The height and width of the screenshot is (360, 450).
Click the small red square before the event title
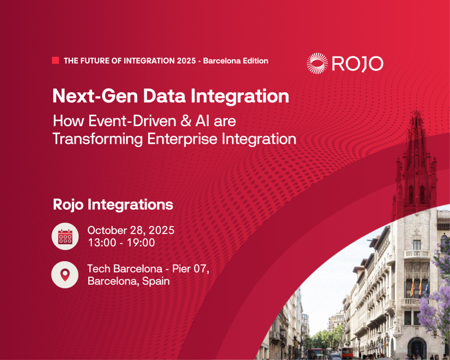[x=55, y=60]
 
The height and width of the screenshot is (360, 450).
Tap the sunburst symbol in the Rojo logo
[x=317, y=63]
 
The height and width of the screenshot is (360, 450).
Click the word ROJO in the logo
[x=358, y=63]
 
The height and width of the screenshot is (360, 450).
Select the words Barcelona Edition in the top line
[x=236, y=61]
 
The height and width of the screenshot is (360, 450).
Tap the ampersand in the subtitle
[x=186, y=121]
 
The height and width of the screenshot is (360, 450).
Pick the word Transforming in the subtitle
[x=98, y=139]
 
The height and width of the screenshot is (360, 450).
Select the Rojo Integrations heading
[x=113, y=205]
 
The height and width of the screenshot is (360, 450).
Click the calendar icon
[x=65, y=237]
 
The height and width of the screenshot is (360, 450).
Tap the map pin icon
[x=65, y=275]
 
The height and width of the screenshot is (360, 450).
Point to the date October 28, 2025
[x=131, y=230]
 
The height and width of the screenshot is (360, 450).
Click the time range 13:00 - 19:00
[x=121, y=243]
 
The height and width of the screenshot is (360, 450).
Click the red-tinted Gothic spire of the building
[x=416, y=161]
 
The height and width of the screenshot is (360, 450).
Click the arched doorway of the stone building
[x=417, y=348]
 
